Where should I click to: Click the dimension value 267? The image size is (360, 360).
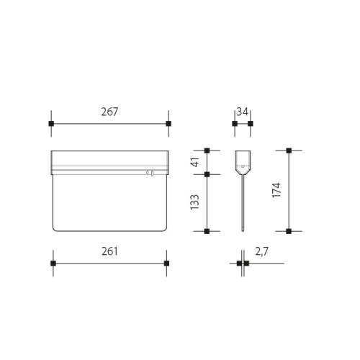pyautogui.click(x=109, y=112)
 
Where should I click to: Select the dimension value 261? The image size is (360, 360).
pyautogui.click(x=109, y=251)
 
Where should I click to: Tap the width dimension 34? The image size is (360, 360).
pyautogui.click(x=242, y=112)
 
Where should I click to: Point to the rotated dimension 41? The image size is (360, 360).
pyautogui.click(x=194, y=162)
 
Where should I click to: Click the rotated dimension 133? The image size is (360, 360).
pyautogui.click(x=194, y=202)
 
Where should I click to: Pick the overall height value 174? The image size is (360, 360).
pyautogui.click(x=276, y=191)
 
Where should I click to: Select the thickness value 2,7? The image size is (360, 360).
pyautogui.click(x=262, y=251)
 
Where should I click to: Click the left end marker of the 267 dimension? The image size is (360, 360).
pyautogui.click(x=51, y=124)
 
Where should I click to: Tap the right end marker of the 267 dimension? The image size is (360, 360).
pyautogui.click(x=168, y=124)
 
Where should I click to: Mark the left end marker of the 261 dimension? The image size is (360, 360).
pyautogui.click(x=53, y=264)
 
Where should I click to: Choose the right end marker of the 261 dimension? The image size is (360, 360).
pyautogui.click(x=166, y=264)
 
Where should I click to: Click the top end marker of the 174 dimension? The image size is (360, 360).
pyautogui.click(x=289, y=150)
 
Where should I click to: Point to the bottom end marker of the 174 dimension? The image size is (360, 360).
pyautogui.click(x=289, y=231)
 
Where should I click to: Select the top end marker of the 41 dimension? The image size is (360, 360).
pyautogui.click(x=207, y=150)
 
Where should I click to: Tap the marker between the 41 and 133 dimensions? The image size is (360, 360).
pyautogui.click(x=207, y=174)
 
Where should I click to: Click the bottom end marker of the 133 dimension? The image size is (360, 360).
pyautogui.click(x=207, y=231)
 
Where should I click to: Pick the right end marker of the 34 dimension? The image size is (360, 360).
pyautogui.click(x=250, y=124)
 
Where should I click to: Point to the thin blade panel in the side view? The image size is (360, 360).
pyautogui.click(x=243, y=205)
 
